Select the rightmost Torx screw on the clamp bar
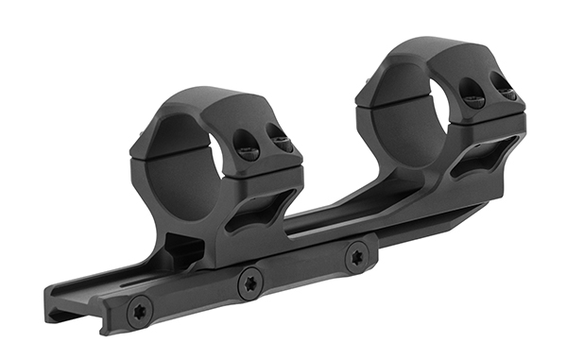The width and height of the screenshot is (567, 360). pos(358,256)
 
